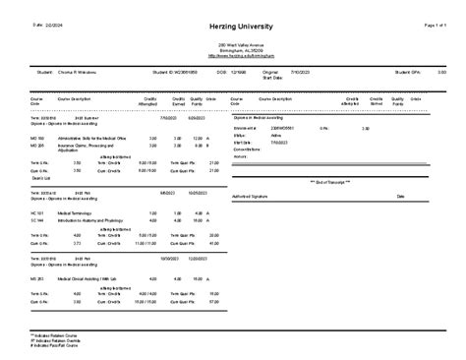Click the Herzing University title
[x=233, y=23]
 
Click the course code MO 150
[x=38, y=139]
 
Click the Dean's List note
[x=40, y=177]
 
